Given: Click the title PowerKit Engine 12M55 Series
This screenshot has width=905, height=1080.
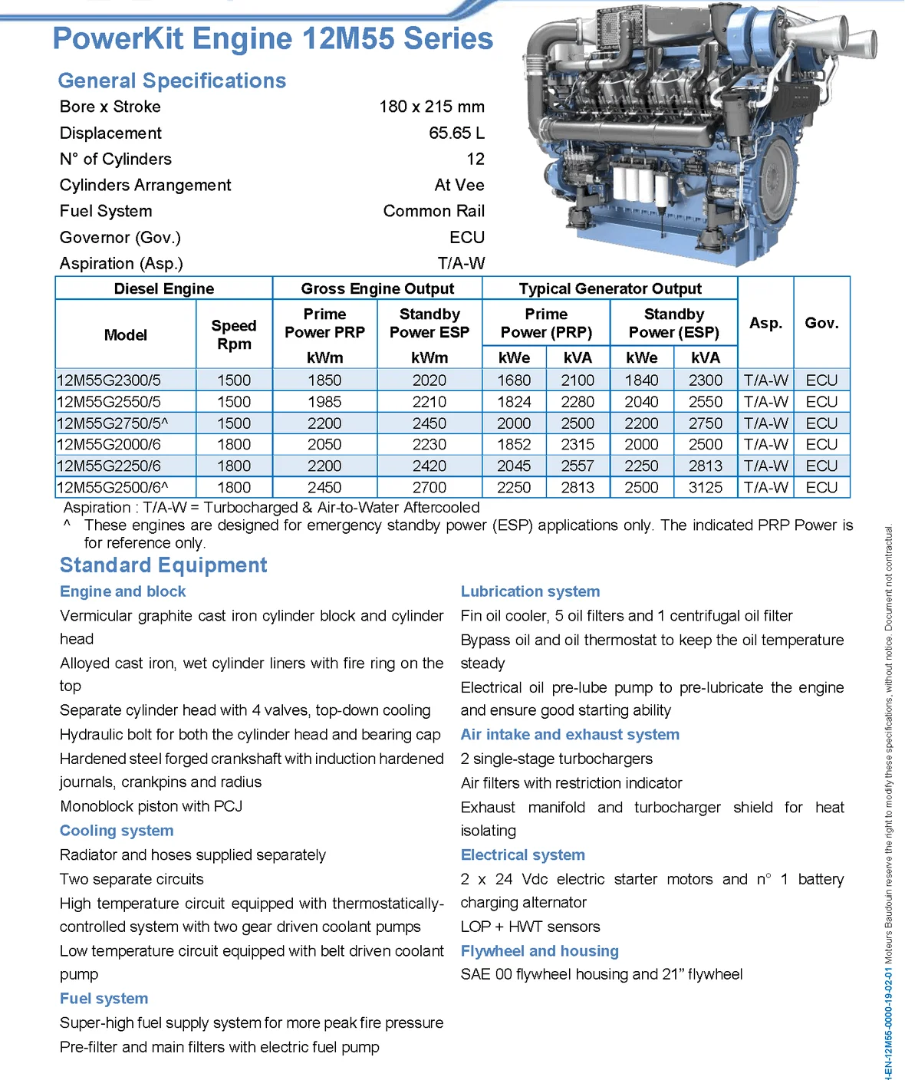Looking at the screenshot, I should (x=272, y=38).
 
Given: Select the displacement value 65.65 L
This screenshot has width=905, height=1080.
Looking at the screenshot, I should (x=456, y=133).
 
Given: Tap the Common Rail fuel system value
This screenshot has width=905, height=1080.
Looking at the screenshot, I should (x=433, y=211).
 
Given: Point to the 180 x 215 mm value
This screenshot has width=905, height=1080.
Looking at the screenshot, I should (x=431, y=107).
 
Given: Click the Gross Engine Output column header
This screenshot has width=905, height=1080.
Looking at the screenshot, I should (x=377, y=288).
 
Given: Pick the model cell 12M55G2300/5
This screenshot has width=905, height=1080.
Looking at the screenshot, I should (x=109, y=380).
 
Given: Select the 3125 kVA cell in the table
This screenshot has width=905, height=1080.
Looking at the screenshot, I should (x=705, y=488).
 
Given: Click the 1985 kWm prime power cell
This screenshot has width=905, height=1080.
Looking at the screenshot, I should (x=324, y=402).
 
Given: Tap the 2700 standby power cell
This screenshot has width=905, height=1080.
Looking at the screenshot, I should (x=429, y=488).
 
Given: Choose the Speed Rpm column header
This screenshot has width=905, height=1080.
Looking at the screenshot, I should (x=234, y=334).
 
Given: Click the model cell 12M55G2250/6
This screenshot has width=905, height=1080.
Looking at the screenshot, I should (x=109, y=466).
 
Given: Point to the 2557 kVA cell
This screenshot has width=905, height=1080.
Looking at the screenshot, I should (x=578, y=466).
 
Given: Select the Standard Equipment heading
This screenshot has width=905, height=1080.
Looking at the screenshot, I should (x=163, y=565).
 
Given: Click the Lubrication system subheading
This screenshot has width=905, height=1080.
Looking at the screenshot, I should (x=530, y=591).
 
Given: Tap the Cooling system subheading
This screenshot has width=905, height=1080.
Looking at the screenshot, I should (x=117, y=831).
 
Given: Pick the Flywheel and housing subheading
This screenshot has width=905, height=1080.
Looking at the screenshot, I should (x=539, y=951).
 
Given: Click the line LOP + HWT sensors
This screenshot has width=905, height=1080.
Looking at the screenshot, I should (x=530, y=927).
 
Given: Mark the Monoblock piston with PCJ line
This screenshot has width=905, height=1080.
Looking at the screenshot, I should (x=151, y=806).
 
